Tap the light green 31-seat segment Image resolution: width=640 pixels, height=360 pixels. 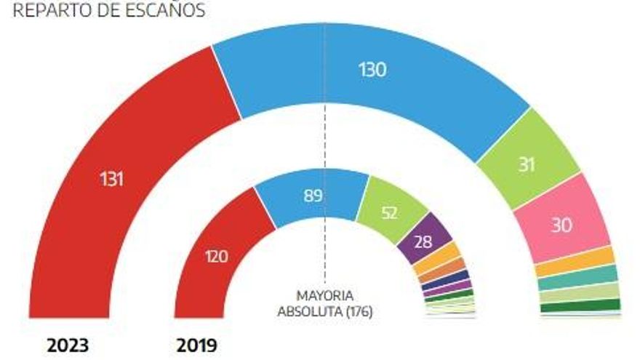[x=527, y=163]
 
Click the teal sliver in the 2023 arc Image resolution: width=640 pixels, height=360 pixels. [x=578, y=278]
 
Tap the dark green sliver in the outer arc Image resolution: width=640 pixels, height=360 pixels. [x=580, y=305]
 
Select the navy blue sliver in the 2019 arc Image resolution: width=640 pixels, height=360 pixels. [x=447, y=279]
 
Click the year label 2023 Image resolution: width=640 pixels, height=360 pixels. [x=68, y=345]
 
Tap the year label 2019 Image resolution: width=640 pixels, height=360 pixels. [x=196, y=345]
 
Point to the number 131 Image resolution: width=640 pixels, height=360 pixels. [x=111, y=179]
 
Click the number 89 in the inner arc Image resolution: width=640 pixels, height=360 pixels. [x=313, y=196]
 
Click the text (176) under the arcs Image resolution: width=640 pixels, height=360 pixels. [x=359, y=312]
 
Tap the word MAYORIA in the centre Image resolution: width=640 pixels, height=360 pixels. [x=325, y=295]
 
